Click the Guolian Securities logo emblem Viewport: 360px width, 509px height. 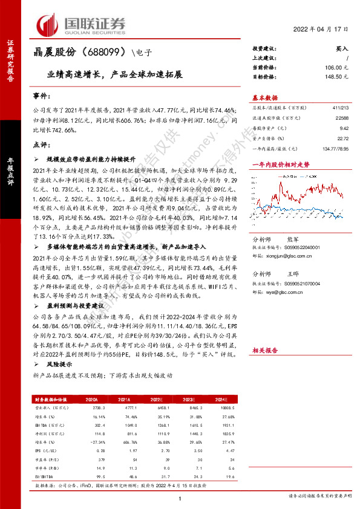coord(48,24)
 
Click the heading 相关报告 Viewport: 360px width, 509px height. coord(264,349)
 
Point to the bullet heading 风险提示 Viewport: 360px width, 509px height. coord(59,365)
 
